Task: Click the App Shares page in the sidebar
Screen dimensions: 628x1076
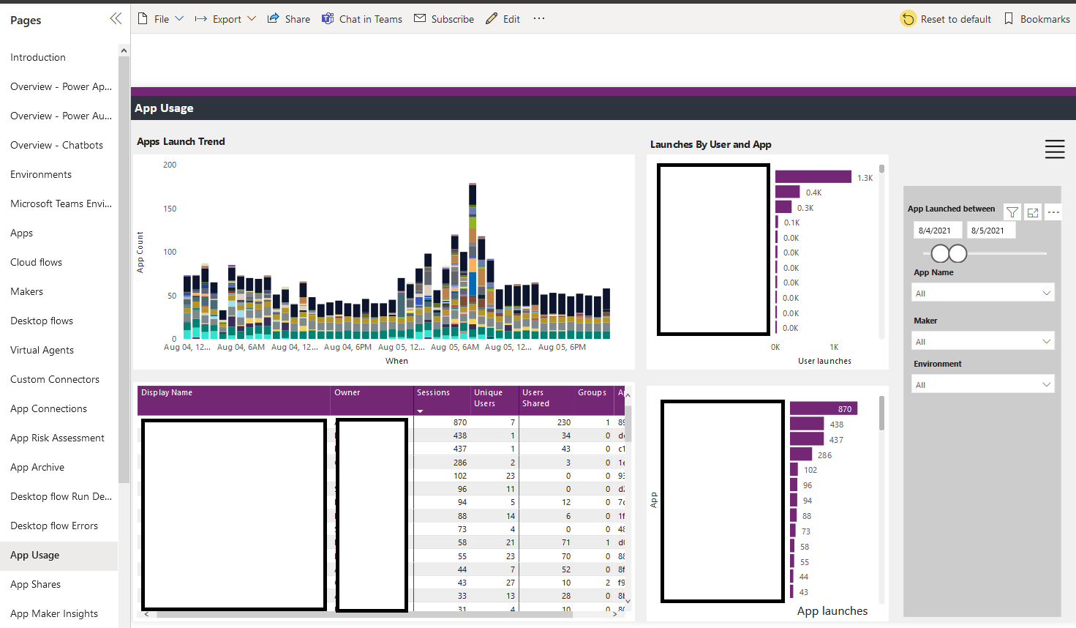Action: tap(35, 584)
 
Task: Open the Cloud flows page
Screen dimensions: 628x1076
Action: tap(36, 262)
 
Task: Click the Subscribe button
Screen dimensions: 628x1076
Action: tap(444, 19)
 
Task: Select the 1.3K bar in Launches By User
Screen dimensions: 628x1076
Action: tap(813, 177)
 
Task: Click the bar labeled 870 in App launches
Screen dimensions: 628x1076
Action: tap(823, 408)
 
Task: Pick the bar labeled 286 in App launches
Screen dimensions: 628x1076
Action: tap(801, 455)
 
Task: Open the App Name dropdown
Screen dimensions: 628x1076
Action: tap(982, 293)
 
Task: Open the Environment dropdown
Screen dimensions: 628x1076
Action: tap(982, 384)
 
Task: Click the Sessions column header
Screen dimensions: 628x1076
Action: tap(434, 393)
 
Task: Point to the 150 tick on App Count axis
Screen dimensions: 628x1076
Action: tap(170, 209)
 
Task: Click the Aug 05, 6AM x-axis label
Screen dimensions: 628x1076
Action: tap(454, 347)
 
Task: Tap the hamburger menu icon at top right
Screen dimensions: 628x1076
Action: tap(1054, 149)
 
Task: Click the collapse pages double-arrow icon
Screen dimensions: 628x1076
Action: tap(116, 19)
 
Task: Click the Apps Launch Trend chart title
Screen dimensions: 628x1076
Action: tap(181, 141)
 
